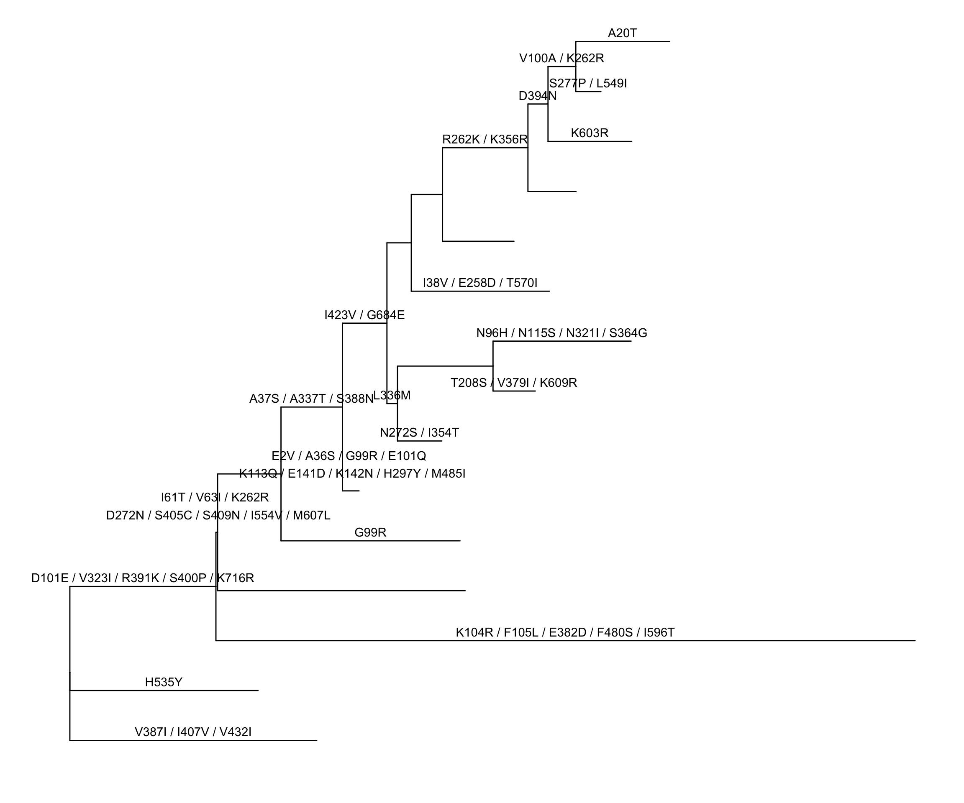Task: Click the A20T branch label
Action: coord(622,33)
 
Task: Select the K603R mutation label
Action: coord(590,133)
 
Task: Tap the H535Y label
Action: coord(164,682)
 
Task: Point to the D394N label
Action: coord(537,96)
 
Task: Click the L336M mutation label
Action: coord(392,395)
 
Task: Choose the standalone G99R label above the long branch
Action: coord(370,532)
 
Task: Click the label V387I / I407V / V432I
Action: coord(193,732)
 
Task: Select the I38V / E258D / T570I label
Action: coord(480,283)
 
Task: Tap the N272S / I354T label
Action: coord(419,432)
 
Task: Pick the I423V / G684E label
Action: coord(364,315)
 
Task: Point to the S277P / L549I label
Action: coord(587,84)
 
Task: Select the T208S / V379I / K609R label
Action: coord(513,383)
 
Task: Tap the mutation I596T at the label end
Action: coord(659,632)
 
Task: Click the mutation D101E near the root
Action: coord(49,578)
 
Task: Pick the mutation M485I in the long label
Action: coord(448,473)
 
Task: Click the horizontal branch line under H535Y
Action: coord(164,690)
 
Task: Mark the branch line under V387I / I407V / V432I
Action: coord(193,740)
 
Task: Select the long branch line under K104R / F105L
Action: coord(564,640)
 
